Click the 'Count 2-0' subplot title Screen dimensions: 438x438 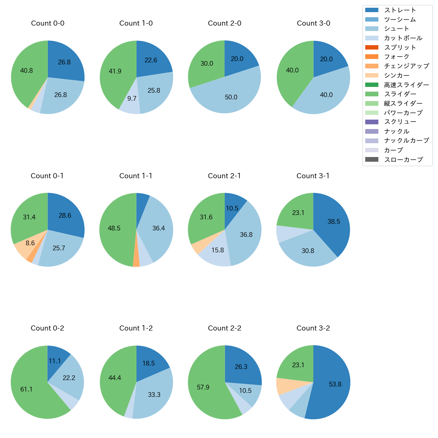point(224,23)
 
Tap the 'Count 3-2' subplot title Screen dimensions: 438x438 point(313,328)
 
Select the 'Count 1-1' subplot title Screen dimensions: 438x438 point(136,176)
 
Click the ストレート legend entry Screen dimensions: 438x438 point(400,10)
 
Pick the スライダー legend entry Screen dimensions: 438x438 point(400,94)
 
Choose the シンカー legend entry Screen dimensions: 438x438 point(397,75)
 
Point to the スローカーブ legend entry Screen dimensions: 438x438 point(403,160)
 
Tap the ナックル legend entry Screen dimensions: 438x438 point(397,131)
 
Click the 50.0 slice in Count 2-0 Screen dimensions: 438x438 point(231,97)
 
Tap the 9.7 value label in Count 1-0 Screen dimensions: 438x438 point(132,98)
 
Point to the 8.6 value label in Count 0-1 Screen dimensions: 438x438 point(30,243)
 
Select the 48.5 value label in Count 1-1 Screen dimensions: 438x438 point(114,228)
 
